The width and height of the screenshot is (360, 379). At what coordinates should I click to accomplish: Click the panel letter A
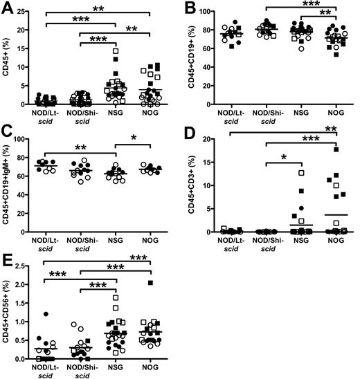click(6, 7)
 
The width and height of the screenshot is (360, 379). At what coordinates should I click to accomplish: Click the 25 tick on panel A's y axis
click(28, 12)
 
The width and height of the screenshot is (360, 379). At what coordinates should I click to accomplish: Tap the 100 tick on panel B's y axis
click(211, 12)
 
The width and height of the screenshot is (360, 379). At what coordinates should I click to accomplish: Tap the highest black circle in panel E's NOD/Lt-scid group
click(46, 314)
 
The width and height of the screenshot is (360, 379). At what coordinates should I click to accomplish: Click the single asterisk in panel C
click(132, 156)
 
